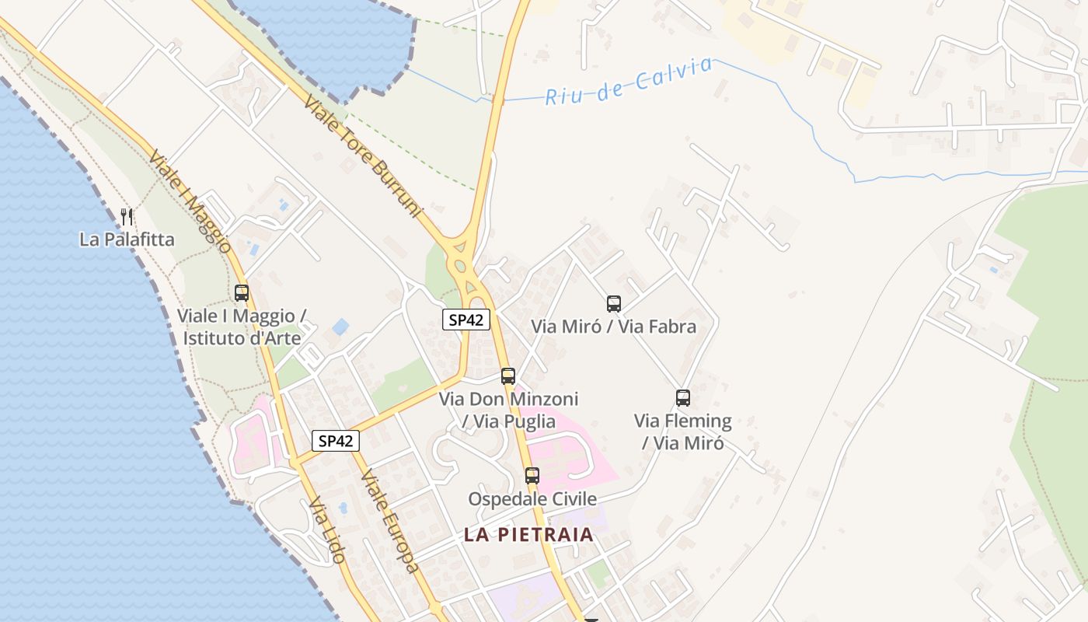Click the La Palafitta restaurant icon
click(x=127, y=216)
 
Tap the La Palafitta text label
click(x=127, y=239)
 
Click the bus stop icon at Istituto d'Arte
click(x=242, y=293)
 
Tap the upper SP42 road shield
click(x=466, y=319)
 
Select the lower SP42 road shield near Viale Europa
click(x=336, y=441)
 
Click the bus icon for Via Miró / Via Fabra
click(x=614, y=304)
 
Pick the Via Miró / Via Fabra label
click(x=614, y=327)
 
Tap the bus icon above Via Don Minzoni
click(x=508, y=376)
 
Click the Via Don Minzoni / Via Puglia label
click(x=509, y=410)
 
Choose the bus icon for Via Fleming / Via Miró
click(x=683, y=398)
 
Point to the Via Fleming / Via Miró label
click(x=683, y=432)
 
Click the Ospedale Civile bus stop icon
click(x=532, y=476)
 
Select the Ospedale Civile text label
click(x=532, y=498)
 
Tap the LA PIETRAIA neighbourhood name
click(x=528, y=535)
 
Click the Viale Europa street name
click(x=390, y=521)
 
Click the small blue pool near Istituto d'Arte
click(x=340, y=327)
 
